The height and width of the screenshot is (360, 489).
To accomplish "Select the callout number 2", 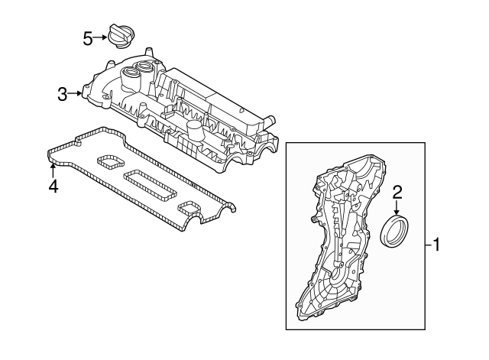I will (x=397, y=192).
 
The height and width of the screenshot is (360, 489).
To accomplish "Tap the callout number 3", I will (x=63, y=94).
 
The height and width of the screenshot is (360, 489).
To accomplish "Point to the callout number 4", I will (x=53, y=185).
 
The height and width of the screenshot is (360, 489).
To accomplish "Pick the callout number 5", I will (x=88, y=36).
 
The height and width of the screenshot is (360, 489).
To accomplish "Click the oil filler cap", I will (x=119, y=36).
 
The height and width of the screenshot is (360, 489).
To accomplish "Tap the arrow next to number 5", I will (x=102, y=36).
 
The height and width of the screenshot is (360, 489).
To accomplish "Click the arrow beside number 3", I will (x=76, y=94).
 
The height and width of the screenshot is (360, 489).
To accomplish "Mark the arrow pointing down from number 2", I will (x=397, y=206).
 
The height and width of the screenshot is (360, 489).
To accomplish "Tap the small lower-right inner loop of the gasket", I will (x=189, y=207).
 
